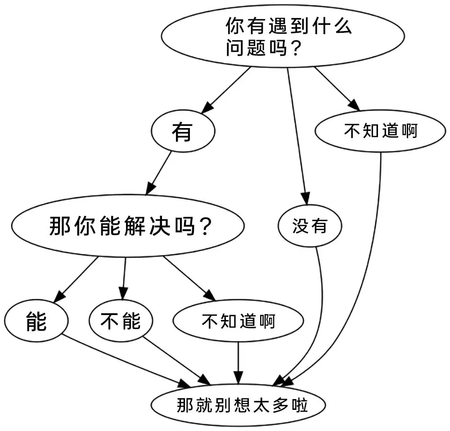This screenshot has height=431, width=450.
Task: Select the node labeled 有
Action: click(x=183, y=132)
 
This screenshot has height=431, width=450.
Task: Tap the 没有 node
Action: click(x=310, y=227)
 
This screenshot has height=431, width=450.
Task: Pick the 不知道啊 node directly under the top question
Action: click(x=381, y=131)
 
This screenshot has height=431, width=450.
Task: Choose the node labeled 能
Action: click(x=36, y=322)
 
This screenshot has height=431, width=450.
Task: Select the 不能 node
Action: click(x=121, y=321)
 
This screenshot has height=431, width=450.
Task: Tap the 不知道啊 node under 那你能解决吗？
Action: click(x=238, y=322)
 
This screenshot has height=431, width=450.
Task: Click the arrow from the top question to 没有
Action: click(x=297, y=135)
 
